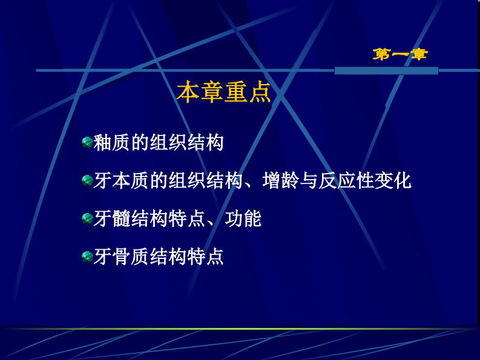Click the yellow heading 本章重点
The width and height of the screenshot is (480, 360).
[223, 92]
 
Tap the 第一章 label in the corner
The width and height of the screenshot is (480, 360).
[400, 54]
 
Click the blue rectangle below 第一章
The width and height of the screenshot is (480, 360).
[386, 71]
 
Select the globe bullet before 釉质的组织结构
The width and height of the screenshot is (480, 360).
[87, 143]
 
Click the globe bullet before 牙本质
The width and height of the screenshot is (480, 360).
[87, 180]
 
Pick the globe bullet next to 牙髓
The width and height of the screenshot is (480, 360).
[87, 218]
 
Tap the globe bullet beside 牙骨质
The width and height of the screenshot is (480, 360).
[87, 257]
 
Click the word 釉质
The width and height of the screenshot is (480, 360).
[112, 143]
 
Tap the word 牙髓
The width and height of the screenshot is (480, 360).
[112, 218]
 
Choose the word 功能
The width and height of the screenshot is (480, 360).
[243, 218]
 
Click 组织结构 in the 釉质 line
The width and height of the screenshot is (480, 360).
[187, 143]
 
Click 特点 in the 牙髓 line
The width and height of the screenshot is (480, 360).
[187, 218]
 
